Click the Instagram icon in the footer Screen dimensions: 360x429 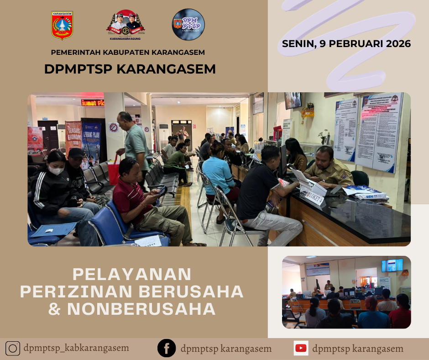[13, 349]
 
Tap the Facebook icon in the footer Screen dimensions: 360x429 [167, 348]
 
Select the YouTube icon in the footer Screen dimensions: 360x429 [301, 348]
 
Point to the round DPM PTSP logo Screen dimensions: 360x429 [188, 25]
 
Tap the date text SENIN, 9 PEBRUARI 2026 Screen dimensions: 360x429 [346, 44]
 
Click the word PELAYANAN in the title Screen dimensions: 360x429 [132, 274]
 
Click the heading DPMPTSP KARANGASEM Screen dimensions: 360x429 [130, 69]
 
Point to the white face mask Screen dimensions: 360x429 [56, 170]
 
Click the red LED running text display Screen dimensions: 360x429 [93, 102]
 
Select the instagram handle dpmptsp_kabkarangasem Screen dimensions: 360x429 [76, 348]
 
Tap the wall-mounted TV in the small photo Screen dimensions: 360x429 [392, 265]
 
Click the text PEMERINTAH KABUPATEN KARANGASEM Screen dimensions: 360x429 [128, 53]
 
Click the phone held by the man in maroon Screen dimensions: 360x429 [162, 191]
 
